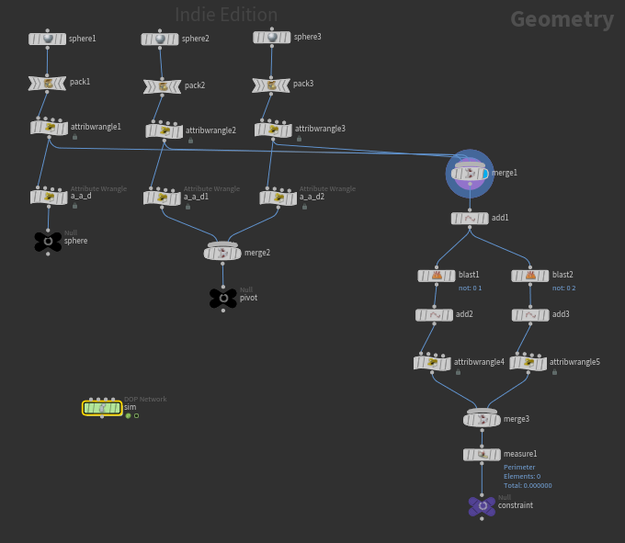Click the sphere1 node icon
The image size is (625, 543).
click(47, 39)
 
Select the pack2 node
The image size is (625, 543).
click(162, 86)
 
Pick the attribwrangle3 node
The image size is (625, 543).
click(273, 130)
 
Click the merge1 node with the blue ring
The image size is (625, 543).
click(470, 173)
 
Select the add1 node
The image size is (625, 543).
click(470, 219)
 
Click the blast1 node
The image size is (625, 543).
click(437, 276)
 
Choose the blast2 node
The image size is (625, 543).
click(530, 276)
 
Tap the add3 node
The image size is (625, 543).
click(530, 315)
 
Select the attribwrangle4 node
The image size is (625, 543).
click(432, 363)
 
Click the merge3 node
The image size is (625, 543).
click(482, 419)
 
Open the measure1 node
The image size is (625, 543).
click(482, 455)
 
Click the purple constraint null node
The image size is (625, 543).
click(482, 505)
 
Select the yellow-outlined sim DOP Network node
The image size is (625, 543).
click(102, 408)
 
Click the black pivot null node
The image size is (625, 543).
click(223, 298)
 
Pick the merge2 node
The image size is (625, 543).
click(222, 253)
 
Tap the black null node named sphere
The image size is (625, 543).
click(48, 241)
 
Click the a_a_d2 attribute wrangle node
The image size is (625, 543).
click(278, 198)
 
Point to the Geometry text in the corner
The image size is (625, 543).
click(562, 19)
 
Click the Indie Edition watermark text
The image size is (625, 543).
click(226, 15)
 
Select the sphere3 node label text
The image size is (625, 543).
click(308, 37)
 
